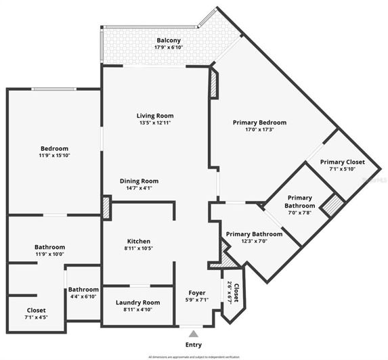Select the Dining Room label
coord(139,181)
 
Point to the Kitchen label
coord(139,242)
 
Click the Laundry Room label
coord(137,302)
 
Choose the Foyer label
coord(196,292)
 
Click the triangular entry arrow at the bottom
coord(194,334)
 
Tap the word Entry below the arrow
coord(194,344)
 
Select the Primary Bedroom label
coord(259,122)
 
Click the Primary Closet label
coord(342,162)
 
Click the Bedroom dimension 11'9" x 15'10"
coord(54,156)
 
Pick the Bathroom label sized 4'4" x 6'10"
coord(83,290)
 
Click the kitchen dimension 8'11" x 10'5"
coord(139,249)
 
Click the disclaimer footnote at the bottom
coord(194,356)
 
